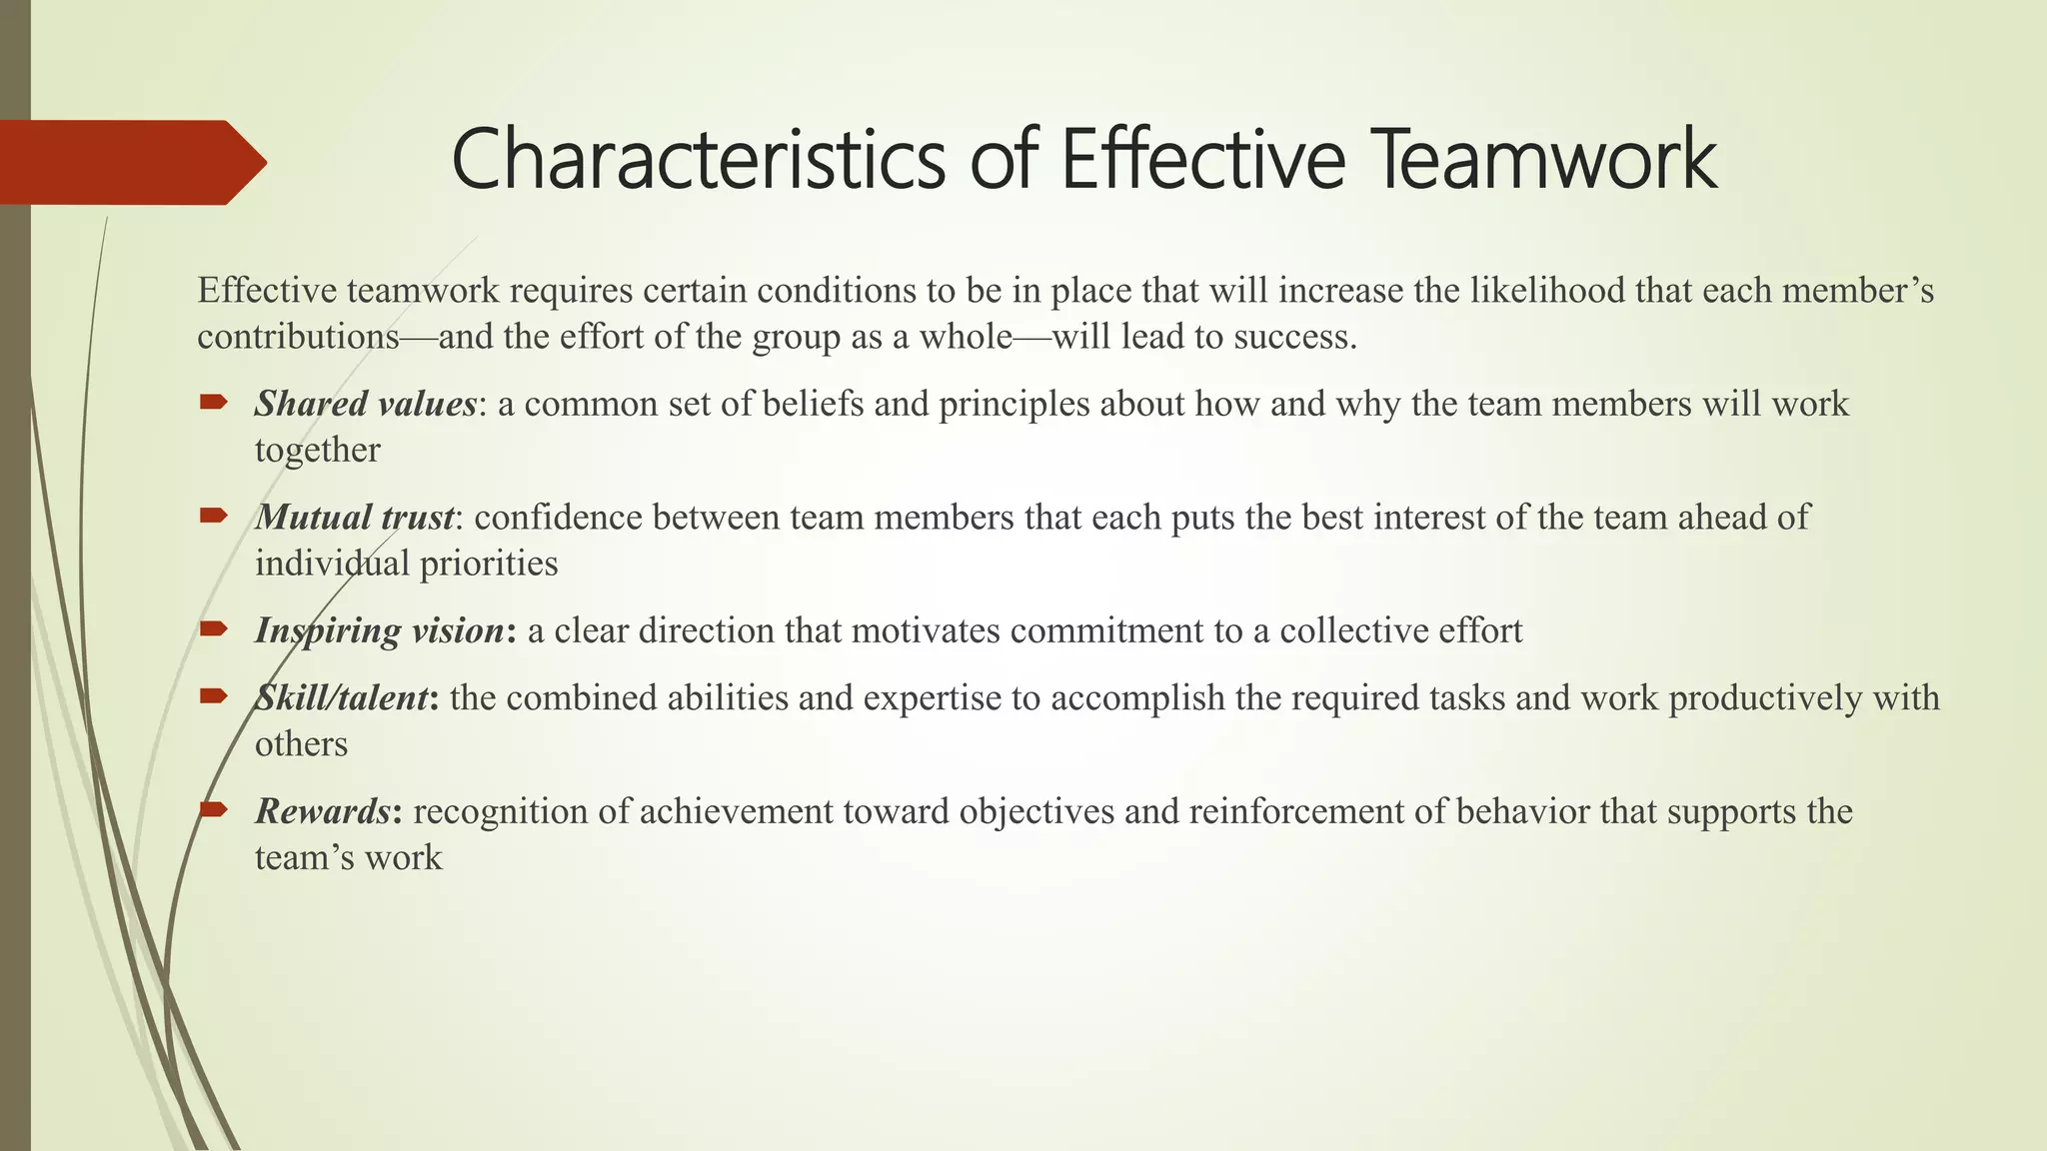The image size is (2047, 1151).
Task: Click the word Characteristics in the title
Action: coord(698,160)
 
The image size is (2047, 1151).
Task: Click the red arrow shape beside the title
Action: coord(130,162)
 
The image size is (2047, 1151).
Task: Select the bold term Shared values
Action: coord(365,404)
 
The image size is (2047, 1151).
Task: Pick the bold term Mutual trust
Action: coord(355,518)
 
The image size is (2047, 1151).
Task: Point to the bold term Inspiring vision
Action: coord(380,630)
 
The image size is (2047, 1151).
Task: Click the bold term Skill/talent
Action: coord(343,697)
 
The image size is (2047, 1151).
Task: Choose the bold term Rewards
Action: coord(322,811)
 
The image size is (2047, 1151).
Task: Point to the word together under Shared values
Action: coord(317,451)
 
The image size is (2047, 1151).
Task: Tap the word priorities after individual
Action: coord(489,564)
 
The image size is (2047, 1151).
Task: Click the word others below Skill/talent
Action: coord(301,744)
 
